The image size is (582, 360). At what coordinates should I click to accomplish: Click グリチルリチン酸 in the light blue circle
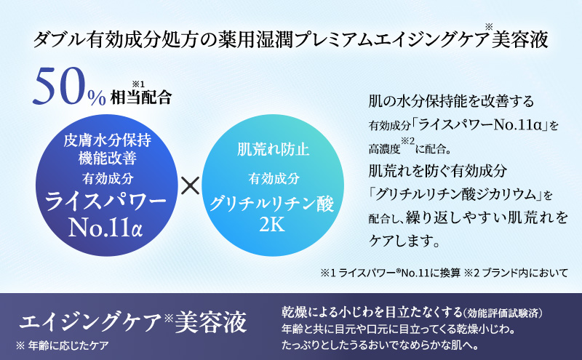point(271,204)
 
